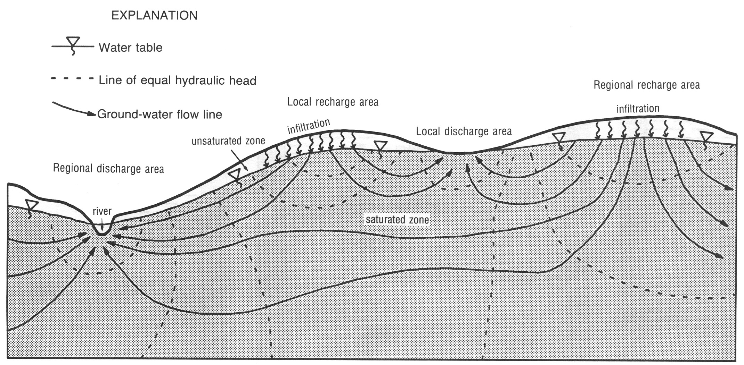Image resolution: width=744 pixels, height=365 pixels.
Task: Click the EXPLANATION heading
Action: click(154, 16)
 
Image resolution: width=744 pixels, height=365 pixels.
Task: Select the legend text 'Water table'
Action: click(130, 48)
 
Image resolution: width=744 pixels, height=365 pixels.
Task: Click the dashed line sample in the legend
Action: click(72, 79)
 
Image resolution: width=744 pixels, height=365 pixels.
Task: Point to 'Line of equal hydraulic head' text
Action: click(178, 80)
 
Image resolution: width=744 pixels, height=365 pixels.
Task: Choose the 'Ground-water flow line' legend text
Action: click(160, 114)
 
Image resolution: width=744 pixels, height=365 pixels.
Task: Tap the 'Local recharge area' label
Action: click(333, 102)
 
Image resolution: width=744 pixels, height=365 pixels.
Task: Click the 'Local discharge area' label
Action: click(464, 131)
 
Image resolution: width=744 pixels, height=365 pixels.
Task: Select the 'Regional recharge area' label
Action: click(646, 85)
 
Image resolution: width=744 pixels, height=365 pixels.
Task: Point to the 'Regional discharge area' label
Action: click(108, 169)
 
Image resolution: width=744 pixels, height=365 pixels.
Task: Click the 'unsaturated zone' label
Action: click(228, 141)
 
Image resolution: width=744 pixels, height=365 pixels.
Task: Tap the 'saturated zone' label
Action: click(397, 220)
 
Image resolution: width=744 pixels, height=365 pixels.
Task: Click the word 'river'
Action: click(102, 211)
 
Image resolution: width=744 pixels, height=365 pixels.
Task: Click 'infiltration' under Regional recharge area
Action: click(638, 109)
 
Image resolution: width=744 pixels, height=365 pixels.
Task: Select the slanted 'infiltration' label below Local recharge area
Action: click(308, 126)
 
